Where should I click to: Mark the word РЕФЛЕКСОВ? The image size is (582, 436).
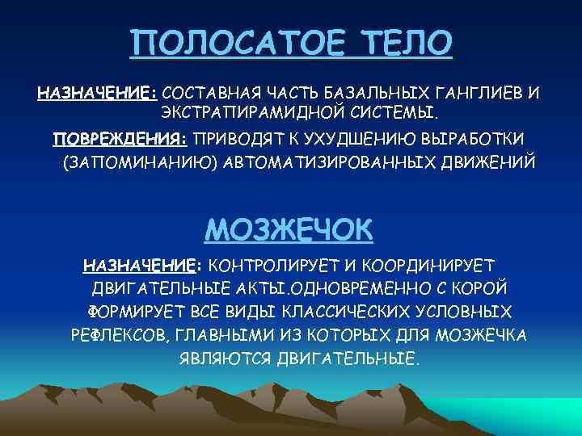click(118, 334)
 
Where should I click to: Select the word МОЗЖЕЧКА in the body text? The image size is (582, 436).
click(483, 334)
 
